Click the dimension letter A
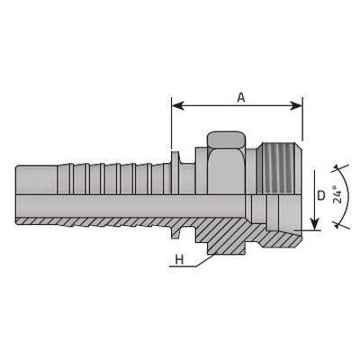tap(241, 97)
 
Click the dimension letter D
tap(321, 195)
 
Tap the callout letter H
tap(179, 259)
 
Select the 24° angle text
tap(337, 194)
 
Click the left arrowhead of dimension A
tap(177, 105)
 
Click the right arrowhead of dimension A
tap(296, 105)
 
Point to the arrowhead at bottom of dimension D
tap(314, 224)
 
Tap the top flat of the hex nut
tap(227, 140)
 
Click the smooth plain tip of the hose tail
tap(36, 180)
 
